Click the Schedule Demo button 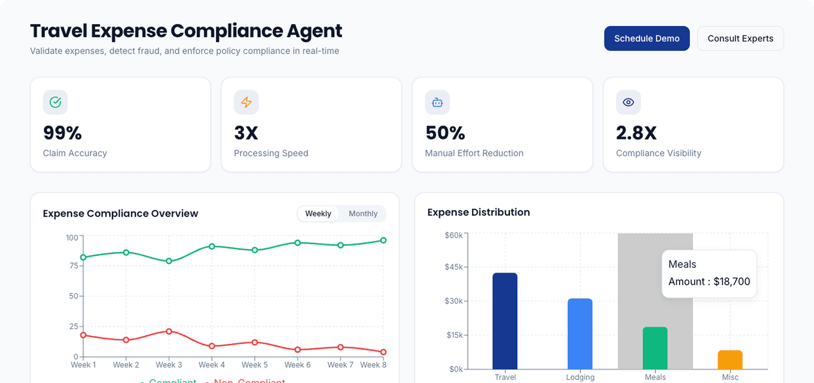pos(646,38)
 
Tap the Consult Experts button pos(740,38)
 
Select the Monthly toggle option pos(363,214)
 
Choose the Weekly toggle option pos(318,214)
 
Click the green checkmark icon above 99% pos(55,102)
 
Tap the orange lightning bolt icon pos(246,102)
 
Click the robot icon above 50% pos(437,102)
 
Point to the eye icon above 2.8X pos(628,102)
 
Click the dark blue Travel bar pos(505,321)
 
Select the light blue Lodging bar pos(580,334)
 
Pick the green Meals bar pos(655,348)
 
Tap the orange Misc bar pos(730,360)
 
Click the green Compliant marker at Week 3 pos(169,261)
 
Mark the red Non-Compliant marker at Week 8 pos(383,352)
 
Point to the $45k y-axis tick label pos(454,267)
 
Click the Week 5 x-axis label pos(255,365)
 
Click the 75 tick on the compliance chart pos(74,266)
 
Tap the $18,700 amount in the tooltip pos(732,282)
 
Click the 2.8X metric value pos(636,133)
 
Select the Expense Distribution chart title pos(478,212)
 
